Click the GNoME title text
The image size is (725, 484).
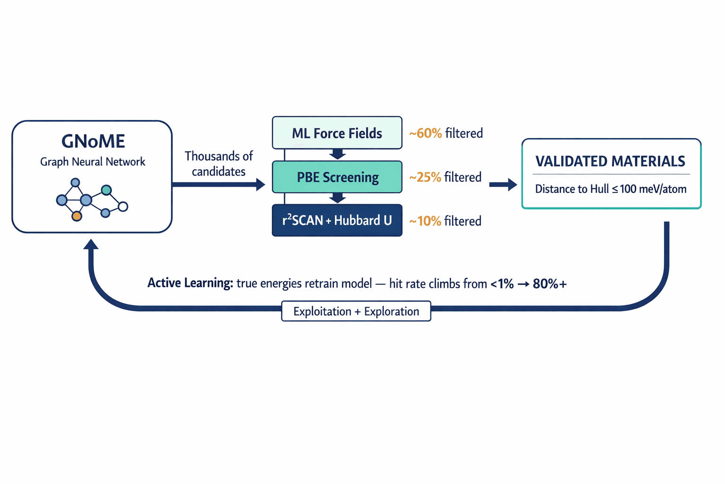(93, 141)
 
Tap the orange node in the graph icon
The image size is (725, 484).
(76, 216)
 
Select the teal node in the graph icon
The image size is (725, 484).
(106, 190)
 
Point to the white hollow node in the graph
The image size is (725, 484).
(123, 207)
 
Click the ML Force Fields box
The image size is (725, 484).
(337, 133)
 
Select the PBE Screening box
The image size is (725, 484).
(337, 177)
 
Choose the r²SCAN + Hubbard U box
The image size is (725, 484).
(337, 221)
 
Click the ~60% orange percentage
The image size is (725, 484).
(425, 133)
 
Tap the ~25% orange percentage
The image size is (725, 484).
(425, 177)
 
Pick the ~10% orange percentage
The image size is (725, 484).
(425, 221)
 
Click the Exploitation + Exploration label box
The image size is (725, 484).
(356, 311)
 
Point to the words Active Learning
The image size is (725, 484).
(190, 283)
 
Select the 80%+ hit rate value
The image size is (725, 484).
(549, 284)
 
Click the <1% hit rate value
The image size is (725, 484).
(502, 284)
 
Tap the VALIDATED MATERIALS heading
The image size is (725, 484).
(610, 161)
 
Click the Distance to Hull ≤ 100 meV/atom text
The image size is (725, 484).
(610, 189)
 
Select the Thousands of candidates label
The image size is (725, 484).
(219, 163)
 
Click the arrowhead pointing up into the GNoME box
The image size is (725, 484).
(91, 244)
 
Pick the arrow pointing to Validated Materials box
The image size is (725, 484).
(503, 184)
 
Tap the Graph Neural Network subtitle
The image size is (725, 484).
(93, 162)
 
